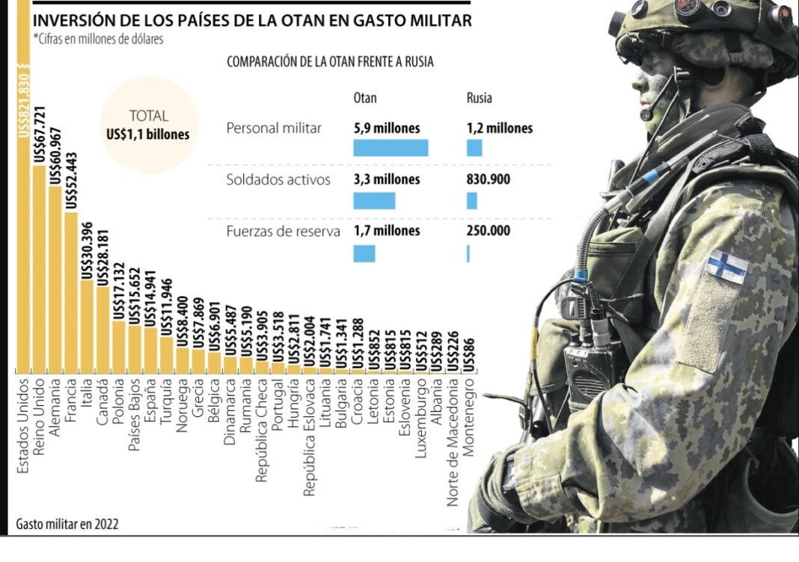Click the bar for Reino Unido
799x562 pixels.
click(x=40, y=269)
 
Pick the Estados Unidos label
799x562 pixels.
click(x=23, y=427)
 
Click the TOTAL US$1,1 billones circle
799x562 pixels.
click(x=148, y=125)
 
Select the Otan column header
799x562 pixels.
click(x=365, y=98)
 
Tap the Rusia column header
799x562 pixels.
click(x=480, y=98)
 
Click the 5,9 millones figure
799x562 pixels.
click(x=387, y=128)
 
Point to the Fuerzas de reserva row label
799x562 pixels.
click(x=283, y=231)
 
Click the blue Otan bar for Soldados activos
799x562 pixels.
click(x=374, y=200)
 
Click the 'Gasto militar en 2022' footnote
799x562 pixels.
click(x=67, y=524)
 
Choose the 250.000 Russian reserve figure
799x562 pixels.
click(x=489, y=231)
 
